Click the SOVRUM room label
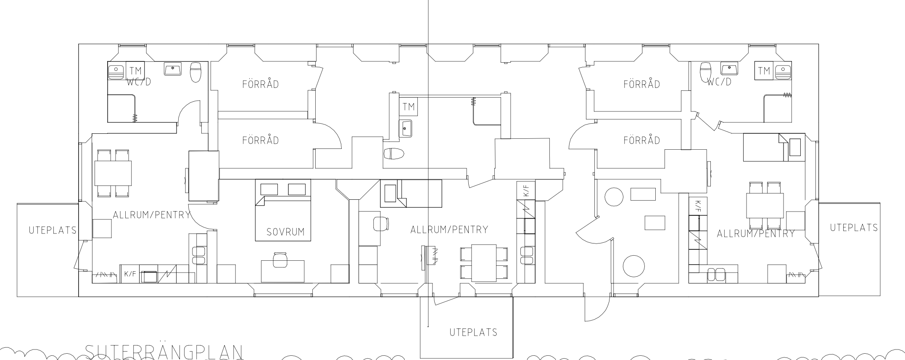pos(285,232)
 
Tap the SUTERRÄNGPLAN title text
pos(164,352)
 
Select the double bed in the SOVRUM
pos(283,210)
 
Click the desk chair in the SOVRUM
pos(280,259)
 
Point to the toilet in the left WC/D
pos(196,72)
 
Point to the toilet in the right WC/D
pos(706,72)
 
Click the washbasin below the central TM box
pos(406,128)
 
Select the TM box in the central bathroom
pos(408,106)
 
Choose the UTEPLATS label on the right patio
pos(854,228)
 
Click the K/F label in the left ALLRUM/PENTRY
pos(130,274)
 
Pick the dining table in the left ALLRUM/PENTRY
pos(113,173)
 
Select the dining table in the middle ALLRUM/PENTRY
pos(484,263)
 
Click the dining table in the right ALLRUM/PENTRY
pos(765,205)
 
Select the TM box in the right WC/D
pos(764,71)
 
